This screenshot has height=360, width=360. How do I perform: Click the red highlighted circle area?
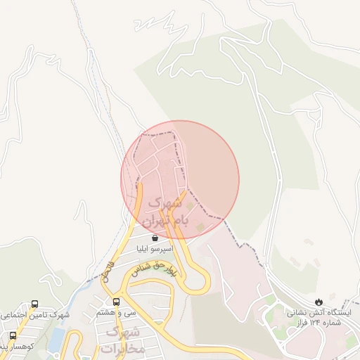click(x=180, y=179)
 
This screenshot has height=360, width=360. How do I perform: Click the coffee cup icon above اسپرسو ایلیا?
click(x=155, y=238)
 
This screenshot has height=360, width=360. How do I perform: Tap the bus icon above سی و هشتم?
click(x=116, y=302)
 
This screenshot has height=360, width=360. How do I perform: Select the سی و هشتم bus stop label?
click(x=116, y=312)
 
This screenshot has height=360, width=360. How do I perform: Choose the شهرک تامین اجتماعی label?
click(x=35, y=315)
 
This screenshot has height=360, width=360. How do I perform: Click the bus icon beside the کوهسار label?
click(x=13, y=335)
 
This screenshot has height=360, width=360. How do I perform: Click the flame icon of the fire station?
click(x=320, y=300)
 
